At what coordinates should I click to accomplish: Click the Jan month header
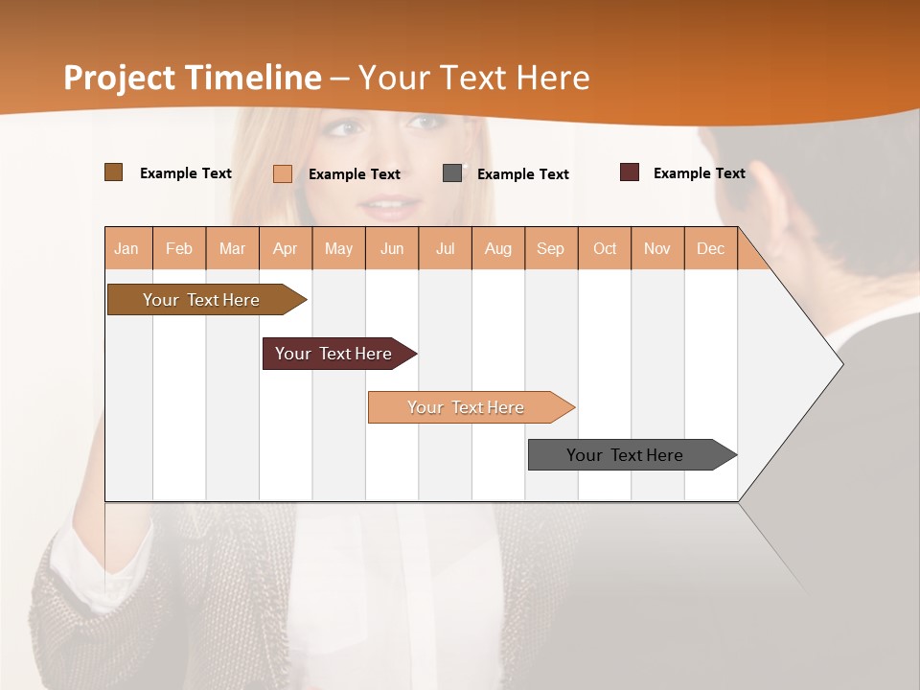coord(127,248)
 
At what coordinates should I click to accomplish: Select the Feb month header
coord(179,248)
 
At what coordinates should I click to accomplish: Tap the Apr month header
coord(286,248)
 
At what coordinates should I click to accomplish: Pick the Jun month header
coord(392,248)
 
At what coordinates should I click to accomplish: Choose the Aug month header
coord(498,248)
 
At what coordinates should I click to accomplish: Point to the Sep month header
coord(551,248)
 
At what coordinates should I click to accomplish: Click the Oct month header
coord(605,248)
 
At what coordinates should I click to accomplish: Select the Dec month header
coord(711,248)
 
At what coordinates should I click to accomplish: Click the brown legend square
coord(114,172)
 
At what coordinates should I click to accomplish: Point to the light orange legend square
coord(283,173)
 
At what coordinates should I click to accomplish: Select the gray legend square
coord(452,173)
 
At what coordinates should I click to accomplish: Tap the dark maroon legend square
coord(630,172)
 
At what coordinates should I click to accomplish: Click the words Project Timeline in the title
coord(192,78)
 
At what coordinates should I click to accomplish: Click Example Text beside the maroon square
coord(699,173)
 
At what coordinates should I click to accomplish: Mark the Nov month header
coord(657,248)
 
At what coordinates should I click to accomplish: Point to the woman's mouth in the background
coord(390,205)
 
